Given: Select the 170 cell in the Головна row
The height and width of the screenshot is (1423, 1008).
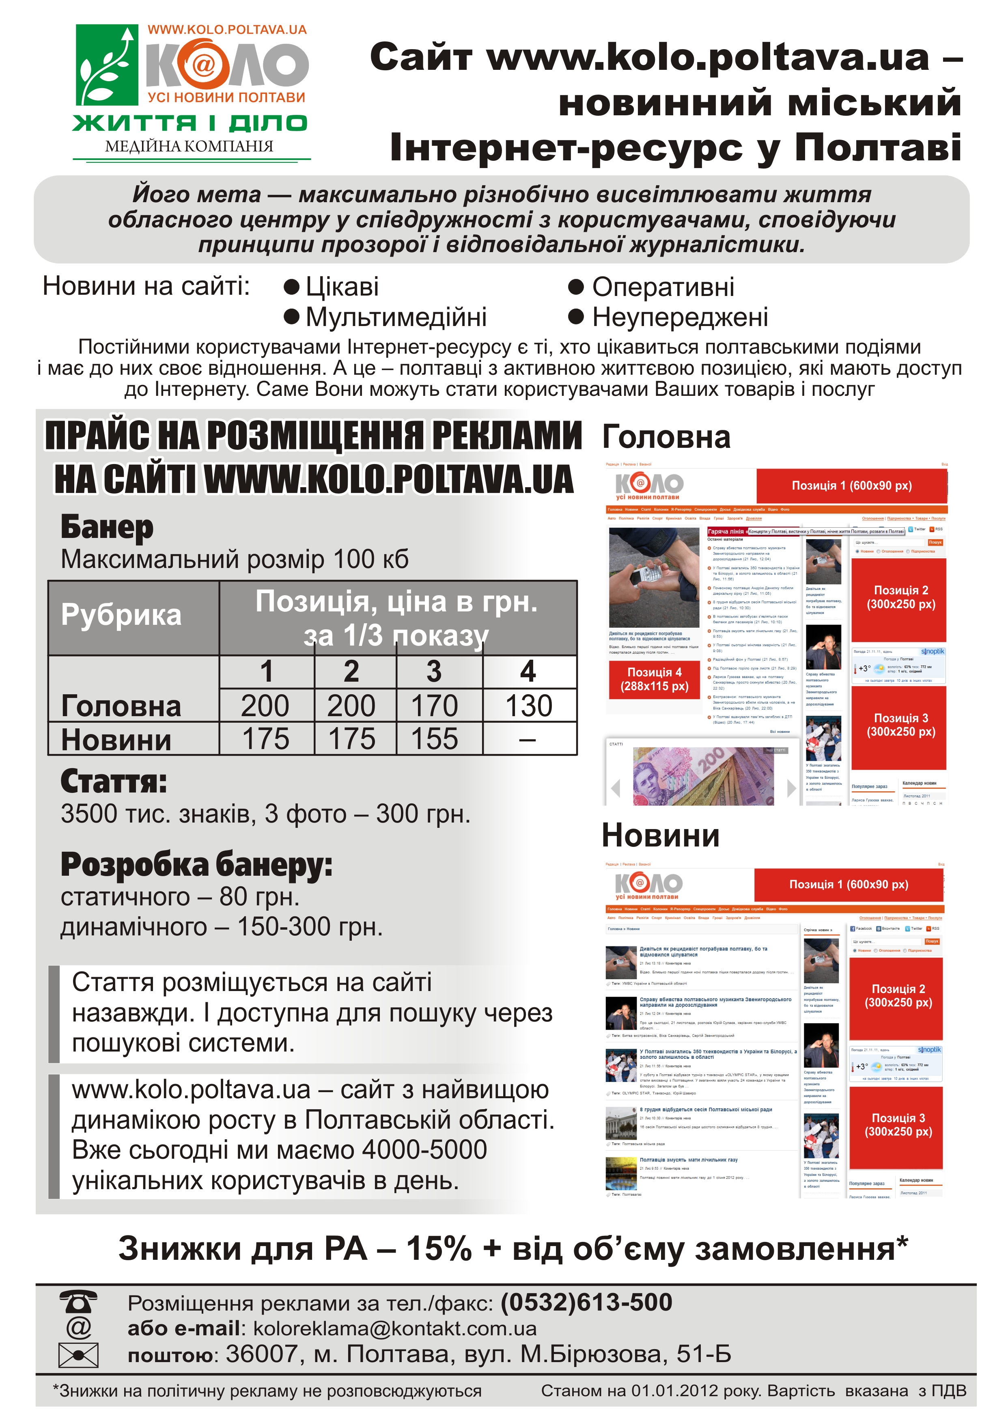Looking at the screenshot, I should pyautogui.click(x=435, y=706).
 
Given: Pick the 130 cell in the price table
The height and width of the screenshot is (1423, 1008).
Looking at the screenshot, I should pyautogui.click(x=529, y=706).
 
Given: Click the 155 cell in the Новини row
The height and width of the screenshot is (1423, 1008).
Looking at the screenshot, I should pyautogui.click(x=435, y=739).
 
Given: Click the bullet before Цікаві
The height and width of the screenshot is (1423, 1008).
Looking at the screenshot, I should pyautogui.click(x=292, y=287).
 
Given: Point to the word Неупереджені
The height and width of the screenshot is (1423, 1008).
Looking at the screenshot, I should pyautogui.click(x=680, y=317).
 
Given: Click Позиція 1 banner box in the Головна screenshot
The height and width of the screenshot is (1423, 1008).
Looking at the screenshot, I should pyautogui.click(x=852, y=486).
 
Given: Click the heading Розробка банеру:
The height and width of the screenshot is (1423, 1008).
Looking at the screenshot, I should pyautogui.click(x=196, y=865).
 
